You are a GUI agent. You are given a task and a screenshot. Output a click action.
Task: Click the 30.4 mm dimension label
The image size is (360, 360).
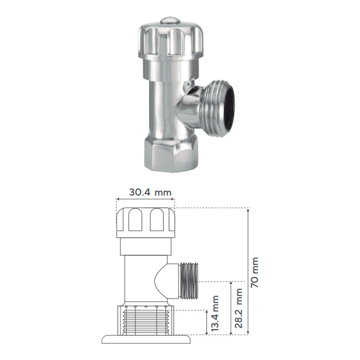tap(150, 192)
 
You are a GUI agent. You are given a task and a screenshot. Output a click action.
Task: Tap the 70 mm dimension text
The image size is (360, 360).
tap(255, 272)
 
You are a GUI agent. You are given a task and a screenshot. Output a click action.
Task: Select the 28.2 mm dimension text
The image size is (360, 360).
tap(238, 308)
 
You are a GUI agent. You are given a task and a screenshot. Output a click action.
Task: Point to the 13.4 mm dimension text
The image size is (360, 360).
tap(215, 313)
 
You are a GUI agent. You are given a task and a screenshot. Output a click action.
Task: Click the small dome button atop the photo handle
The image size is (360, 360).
tap(170, 21)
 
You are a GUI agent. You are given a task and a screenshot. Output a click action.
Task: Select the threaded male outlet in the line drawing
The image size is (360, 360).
tap(189, 281)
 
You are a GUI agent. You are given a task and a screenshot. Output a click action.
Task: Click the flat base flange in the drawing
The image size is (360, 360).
tap(146, 339)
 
